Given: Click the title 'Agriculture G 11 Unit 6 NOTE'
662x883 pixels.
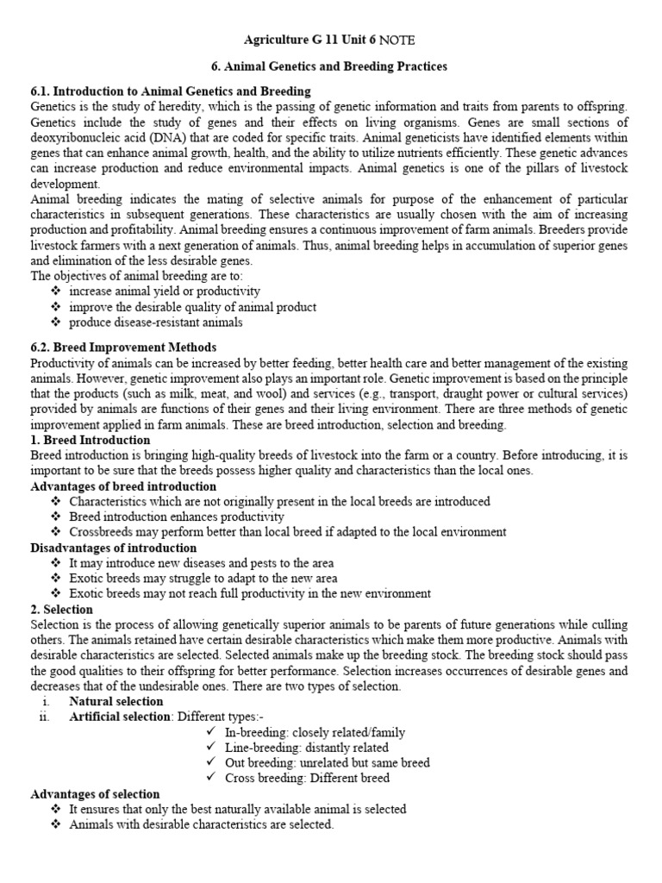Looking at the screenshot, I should point(330,40).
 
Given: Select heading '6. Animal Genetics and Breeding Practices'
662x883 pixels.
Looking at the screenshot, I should point(330,66).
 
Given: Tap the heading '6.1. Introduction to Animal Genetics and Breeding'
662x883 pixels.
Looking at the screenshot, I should point(171,91).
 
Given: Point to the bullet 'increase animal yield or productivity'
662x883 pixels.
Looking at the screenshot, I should point(165,291).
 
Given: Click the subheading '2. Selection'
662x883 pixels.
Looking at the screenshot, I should point(62,610).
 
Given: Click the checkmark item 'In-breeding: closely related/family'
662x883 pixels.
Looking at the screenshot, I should point(315,733).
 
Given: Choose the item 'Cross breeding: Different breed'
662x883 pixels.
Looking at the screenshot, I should point(308,779).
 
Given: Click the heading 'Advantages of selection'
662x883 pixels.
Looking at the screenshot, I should point(95,794).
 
